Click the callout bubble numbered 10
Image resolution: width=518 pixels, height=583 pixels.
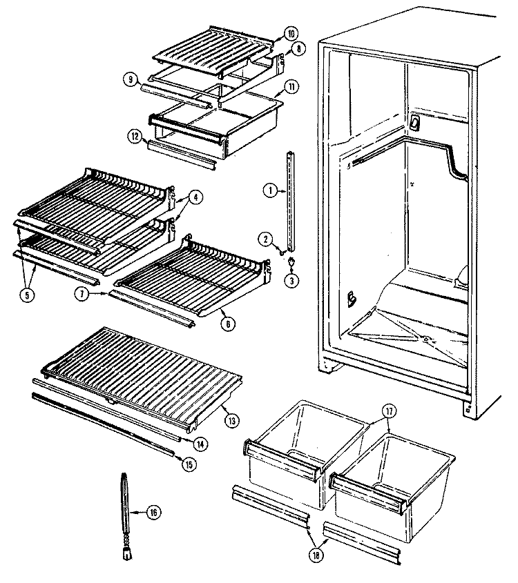click(291, 34)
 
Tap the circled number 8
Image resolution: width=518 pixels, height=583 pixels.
click(299, 48)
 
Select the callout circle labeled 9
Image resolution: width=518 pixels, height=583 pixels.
click(131, 79)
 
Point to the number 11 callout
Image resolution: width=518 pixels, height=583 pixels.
click(291, 87)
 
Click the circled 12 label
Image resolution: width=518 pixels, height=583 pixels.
click(135, 136)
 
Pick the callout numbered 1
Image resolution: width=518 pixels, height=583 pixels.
click(270, 190)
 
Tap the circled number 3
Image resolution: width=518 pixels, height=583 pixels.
click(291, 281)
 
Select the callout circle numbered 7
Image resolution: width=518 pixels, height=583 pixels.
click(81, 294)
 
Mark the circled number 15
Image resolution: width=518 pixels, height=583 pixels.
click(189, 464)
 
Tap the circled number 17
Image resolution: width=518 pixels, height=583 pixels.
click(390, 412)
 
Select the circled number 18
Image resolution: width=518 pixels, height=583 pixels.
click(316, 555)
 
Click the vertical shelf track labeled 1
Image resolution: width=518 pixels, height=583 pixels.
click(291, 200)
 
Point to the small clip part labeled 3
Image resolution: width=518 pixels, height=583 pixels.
click(291, 263)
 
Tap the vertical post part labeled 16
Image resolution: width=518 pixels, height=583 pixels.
click(126, 515)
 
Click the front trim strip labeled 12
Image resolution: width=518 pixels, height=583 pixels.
click(182, 155)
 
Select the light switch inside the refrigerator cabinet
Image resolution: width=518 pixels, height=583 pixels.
click(414, 123)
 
